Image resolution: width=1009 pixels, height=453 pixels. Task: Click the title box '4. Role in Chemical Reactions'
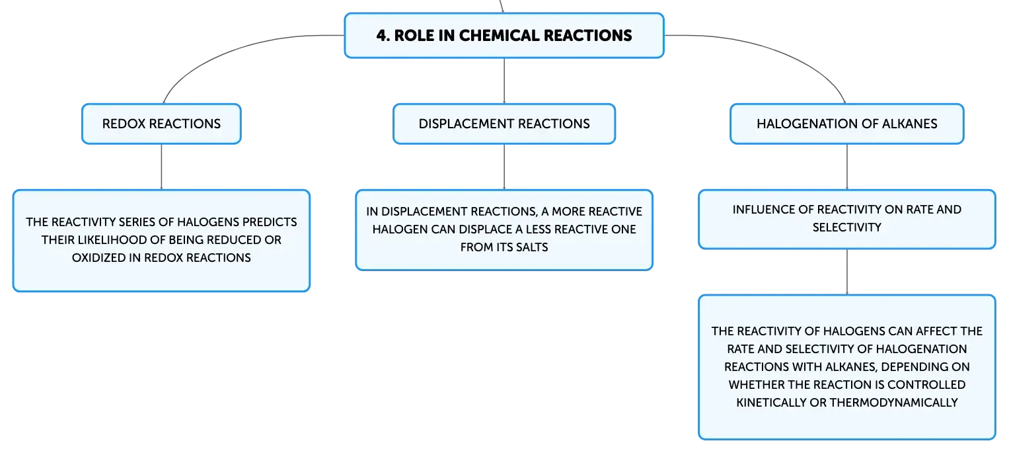[x=504, y=36]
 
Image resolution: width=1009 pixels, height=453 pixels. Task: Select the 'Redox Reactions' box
[x=161, y=124]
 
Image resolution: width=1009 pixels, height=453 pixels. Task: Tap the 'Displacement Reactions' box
[x=504, y=124]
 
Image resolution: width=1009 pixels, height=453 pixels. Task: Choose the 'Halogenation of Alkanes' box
[x=847, y=124]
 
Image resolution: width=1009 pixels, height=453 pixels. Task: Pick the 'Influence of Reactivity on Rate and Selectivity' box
[x=847, y=219]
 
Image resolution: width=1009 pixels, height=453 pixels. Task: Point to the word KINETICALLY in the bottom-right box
[x=771, y=403]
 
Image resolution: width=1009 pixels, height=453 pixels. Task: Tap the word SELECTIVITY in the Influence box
[x=847, y=227]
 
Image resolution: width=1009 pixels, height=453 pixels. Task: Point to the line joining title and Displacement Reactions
[x=504, y=81]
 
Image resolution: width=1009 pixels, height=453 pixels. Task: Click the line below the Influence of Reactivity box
[x=847, y=272]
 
